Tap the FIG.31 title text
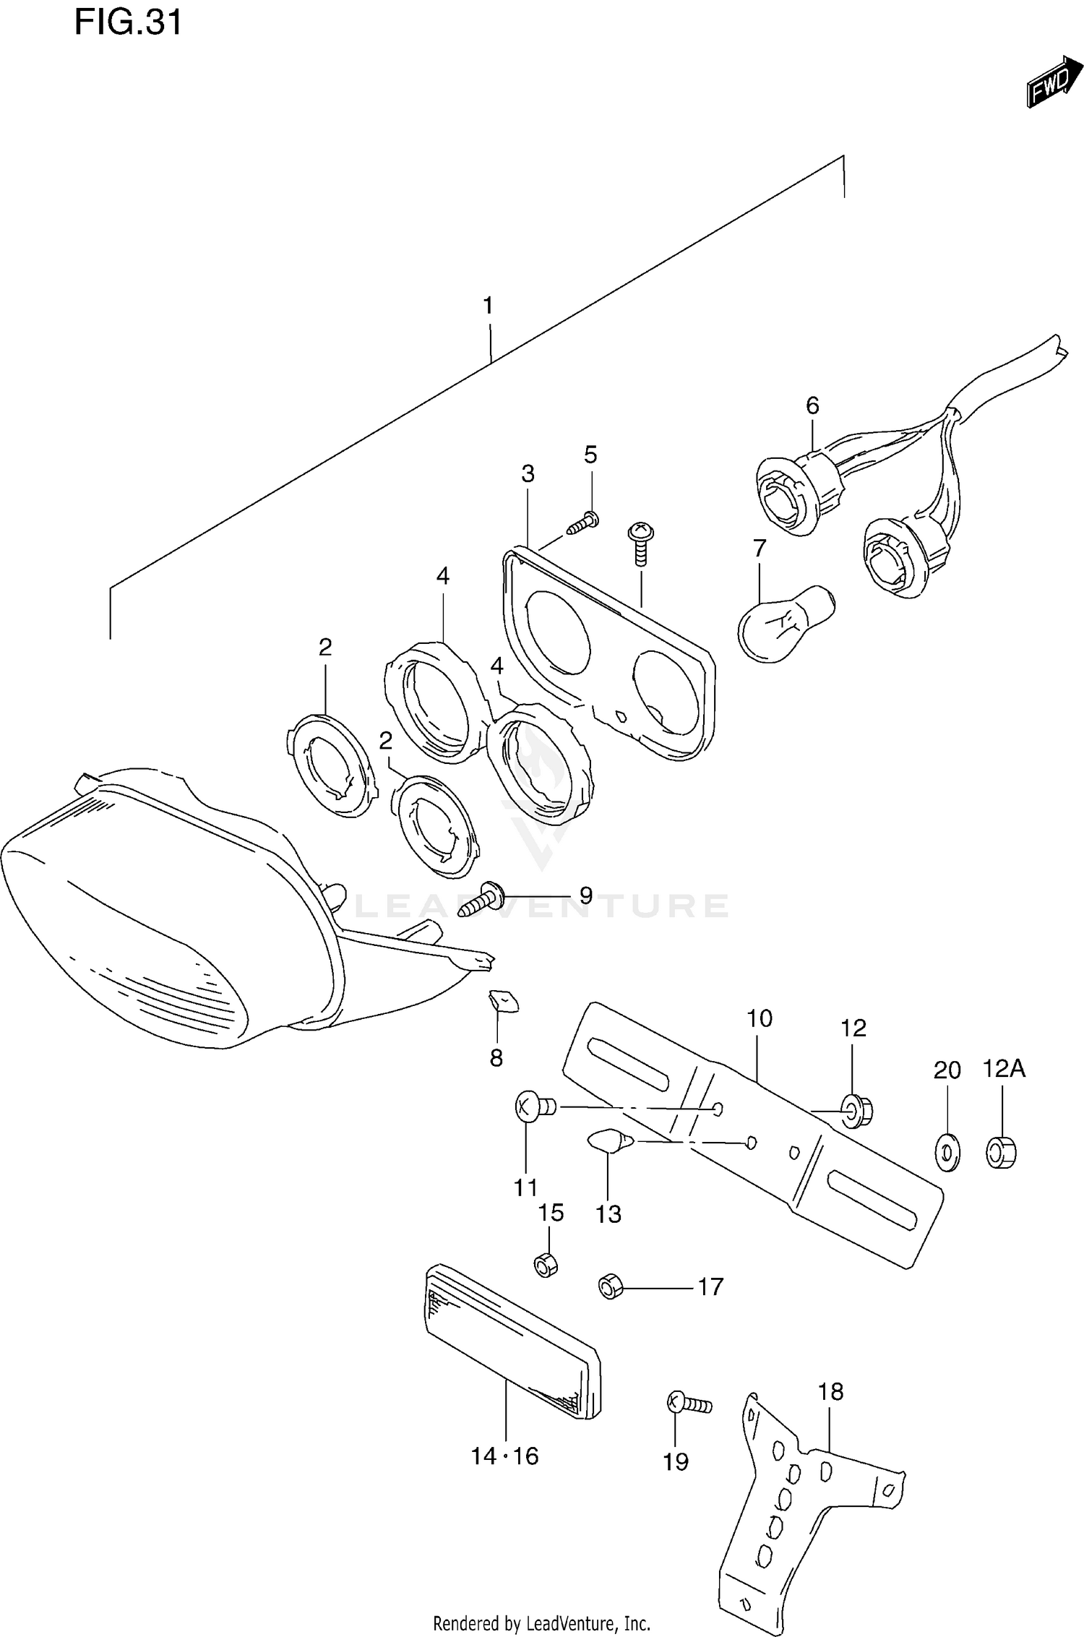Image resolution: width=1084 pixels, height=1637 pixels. pos(128,23)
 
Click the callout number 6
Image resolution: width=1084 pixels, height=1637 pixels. pos(812,406)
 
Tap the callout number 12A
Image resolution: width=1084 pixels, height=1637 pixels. pos(1003,1067)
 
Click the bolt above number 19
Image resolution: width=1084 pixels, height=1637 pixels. pos(689,1403)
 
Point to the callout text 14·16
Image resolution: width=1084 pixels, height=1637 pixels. pos(504,1456)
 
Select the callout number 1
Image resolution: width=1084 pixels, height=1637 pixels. pos(489,306)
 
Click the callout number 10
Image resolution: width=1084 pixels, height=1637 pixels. pos(760,1018)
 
